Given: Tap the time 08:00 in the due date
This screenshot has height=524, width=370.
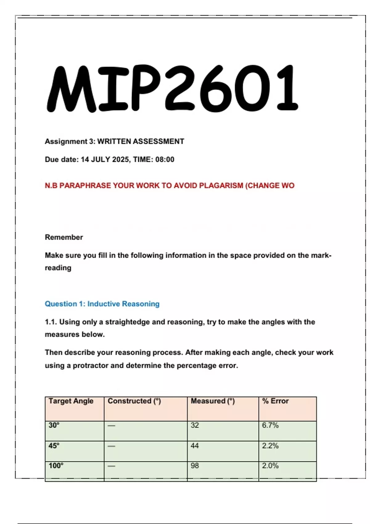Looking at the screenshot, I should tap(165, 160).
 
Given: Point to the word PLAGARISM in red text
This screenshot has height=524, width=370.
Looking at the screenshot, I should tap(221, 186).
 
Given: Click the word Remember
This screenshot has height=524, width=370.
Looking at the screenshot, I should tap(64, 237).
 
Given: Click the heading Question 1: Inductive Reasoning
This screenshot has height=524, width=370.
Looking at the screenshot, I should tap(102, 304).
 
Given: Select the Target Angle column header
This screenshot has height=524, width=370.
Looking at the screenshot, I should tap(71, 401).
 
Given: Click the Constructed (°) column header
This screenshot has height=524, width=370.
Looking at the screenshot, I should tap(134, 401).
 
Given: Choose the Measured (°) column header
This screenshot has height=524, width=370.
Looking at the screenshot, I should tap(213, 401).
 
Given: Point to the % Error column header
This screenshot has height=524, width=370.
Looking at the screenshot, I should tap(275, 401).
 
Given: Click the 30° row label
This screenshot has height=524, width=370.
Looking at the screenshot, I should tap(54, 425).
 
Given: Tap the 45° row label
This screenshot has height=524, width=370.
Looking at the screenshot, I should tap(54, 446).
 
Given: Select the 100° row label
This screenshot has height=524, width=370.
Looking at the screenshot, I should tap(56, 466).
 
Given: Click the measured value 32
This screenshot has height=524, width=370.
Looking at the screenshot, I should tap(195, 425).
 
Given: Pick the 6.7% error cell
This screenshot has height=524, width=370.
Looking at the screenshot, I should tap(270, 425).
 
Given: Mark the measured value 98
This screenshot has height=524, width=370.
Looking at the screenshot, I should tap(195, 466).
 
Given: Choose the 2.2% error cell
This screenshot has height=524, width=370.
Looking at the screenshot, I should tap(270, 446).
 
